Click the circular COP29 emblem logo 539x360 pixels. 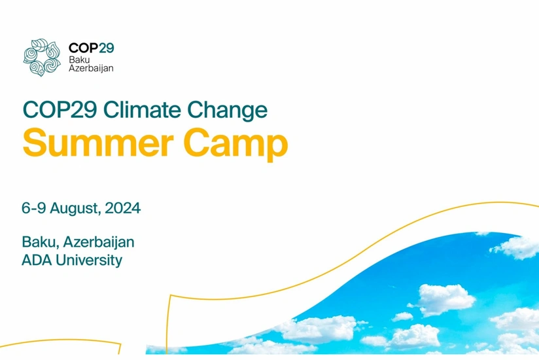tap(42, 58)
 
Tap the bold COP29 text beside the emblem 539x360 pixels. tap(91, 48)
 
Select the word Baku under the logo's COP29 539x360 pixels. tap(79, 60)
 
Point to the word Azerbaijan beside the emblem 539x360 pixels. tap(91, 68)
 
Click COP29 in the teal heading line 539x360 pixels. tap(60, 110)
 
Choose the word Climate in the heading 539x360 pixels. tap(142, 110)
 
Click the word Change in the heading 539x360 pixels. tap(228, 111)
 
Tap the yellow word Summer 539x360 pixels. tap(98, 142)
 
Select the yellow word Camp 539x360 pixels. tap(235, 145)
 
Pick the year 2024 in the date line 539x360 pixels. tap(123, 208)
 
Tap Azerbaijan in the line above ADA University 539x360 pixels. tap(99, 243)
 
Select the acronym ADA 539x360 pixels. tap(37, 261)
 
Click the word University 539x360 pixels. tap(89, 261)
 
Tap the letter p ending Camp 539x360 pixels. tap(278, 147)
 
